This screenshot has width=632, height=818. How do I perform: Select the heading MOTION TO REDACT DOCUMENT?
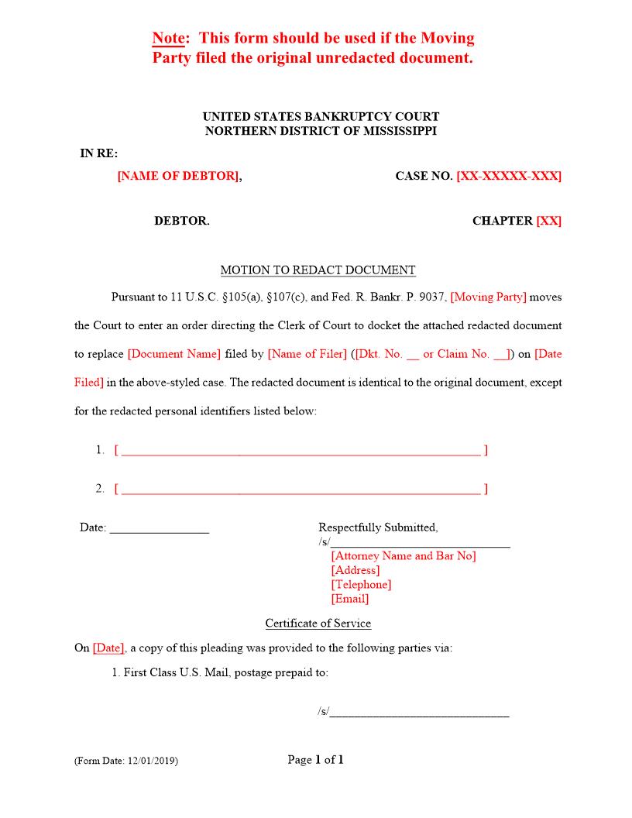pyautogui.click(x=318, y=270)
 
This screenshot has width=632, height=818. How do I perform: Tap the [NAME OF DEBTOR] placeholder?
pyautogui.click(x=178, y=176)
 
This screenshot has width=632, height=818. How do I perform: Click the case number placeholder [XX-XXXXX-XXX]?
pyautogui.click(x=509, y=176)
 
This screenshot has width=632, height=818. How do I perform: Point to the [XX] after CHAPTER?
pyautogui.click(x=548, y=221)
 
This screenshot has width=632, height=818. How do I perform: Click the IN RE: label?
pyautogui.click(x=99, y=153)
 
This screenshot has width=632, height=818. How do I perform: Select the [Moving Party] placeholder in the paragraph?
pyautogui.click(x=488, y=297)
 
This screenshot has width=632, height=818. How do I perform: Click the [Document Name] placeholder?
pyautogui.click(x=174, y=354)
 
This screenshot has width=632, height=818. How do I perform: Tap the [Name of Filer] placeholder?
pyautogui.click(x=307, y=354)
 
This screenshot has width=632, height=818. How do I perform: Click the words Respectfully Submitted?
pyautogui.click(x=378, y=528)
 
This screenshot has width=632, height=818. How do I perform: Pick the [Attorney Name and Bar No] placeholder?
pyautogui.click(x=403, y=556)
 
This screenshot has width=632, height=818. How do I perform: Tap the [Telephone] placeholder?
pyautogui.click(x=361, y=585)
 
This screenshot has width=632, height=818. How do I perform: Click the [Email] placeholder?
pyautogui.click(x=350, y=599)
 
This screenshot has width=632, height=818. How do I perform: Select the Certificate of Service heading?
pyautogui.click(x=318, y=624)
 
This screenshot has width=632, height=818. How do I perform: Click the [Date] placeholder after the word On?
pyautogui.click(x=108, y=648)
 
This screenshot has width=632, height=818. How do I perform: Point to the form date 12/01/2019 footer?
pyautogui.click(x=126, y=761)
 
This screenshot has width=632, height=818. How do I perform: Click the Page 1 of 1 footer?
pyautogui.click(x=315, y=760)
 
